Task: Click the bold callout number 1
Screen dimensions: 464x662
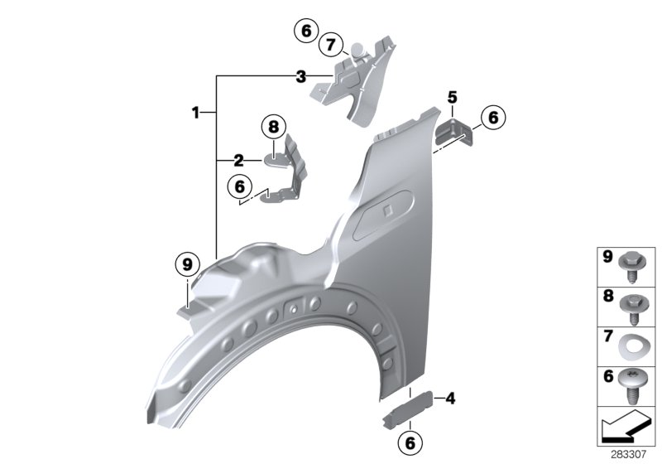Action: coord(196,112)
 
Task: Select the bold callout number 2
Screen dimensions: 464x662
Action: coord(238,160)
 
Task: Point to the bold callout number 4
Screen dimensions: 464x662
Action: coord(450,399)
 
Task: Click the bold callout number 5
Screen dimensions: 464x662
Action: coord(452,97)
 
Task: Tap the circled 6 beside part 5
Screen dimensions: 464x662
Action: coord(492,118)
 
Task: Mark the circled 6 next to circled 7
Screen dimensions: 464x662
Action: coord(305,31)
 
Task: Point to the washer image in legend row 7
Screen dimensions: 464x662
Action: coord(635,344)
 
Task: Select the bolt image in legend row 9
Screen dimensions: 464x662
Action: coord(635,264)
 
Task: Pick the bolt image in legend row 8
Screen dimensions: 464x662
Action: coord(635,305)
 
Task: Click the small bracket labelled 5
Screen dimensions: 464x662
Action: coord(456,131)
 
